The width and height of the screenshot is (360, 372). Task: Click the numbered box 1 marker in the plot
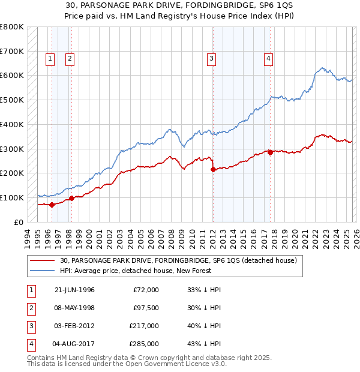49,58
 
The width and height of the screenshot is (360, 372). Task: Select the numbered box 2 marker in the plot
70,58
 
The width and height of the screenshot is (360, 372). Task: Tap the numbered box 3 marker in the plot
212,58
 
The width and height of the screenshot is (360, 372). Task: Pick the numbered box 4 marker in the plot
268,58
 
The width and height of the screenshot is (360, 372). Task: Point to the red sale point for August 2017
270,152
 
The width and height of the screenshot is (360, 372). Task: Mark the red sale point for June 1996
52,205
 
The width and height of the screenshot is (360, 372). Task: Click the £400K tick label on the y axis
11,124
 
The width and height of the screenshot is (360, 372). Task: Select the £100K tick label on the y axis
11,197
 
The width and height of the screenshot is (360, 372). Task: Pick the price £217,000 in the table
144,326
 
